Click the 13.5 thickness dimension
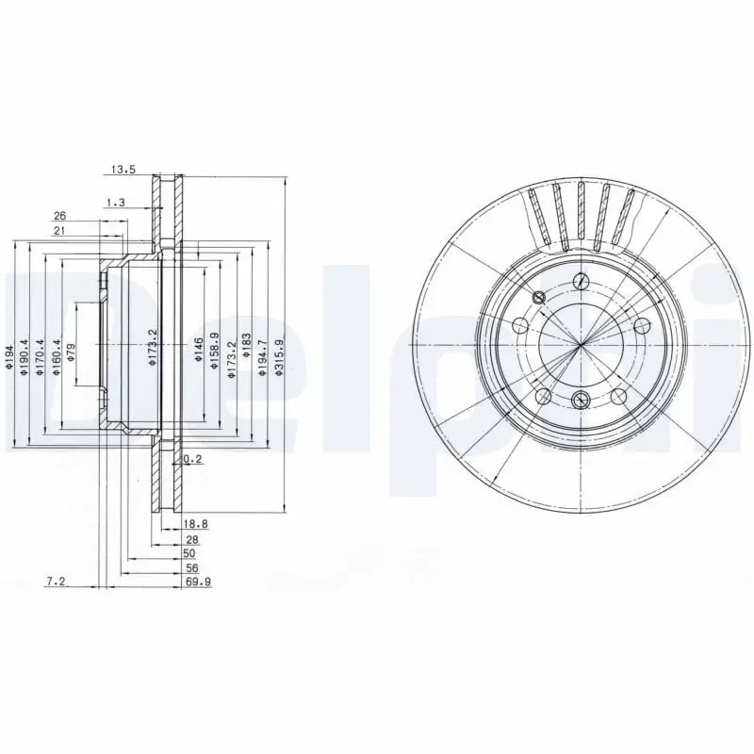(123, 171)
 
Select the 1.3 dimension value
(116, 203)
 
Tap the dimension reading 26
(59, 215)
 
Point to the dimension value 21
(59, 231)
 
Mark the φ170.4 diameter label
(41, 359)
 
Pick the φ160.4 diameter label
(57, 359)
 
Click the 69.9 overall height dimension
(198, 582)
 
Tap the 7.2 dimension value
(55, 582)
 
